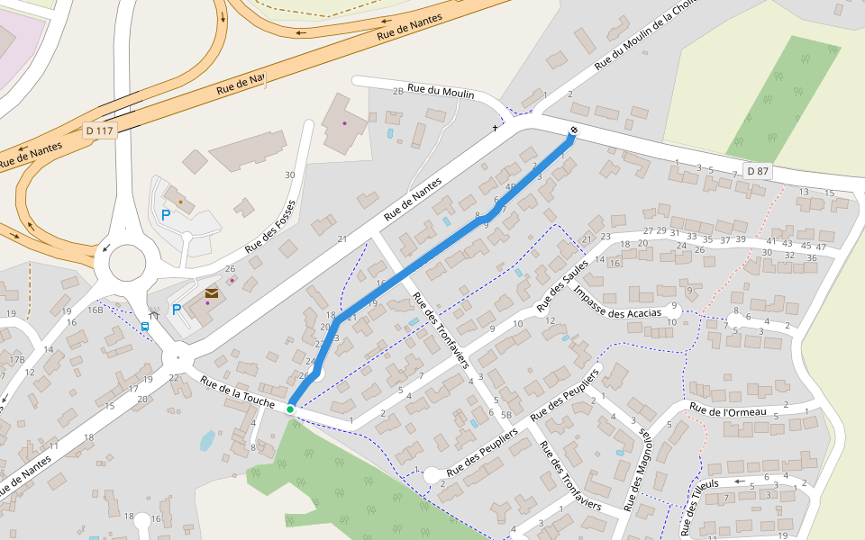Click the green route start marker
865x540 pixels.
290,409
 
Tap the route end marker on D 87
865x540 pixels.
573,133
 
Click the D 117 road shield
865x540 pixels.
100,131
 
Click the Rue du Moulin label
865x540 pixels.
441,90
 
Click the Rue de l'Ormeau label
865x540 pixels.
728,411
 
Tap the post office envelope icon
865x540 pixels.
211,293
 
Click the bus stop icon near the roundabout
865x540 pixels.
145,327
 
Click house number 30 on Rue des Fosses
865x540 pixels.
289,175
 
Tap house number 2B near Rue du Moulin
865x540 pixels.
397,92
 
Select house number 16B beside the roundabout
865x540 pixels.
95,310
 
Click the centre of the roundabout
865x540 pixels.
126,264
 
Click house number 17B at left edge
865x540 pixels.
16,360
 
